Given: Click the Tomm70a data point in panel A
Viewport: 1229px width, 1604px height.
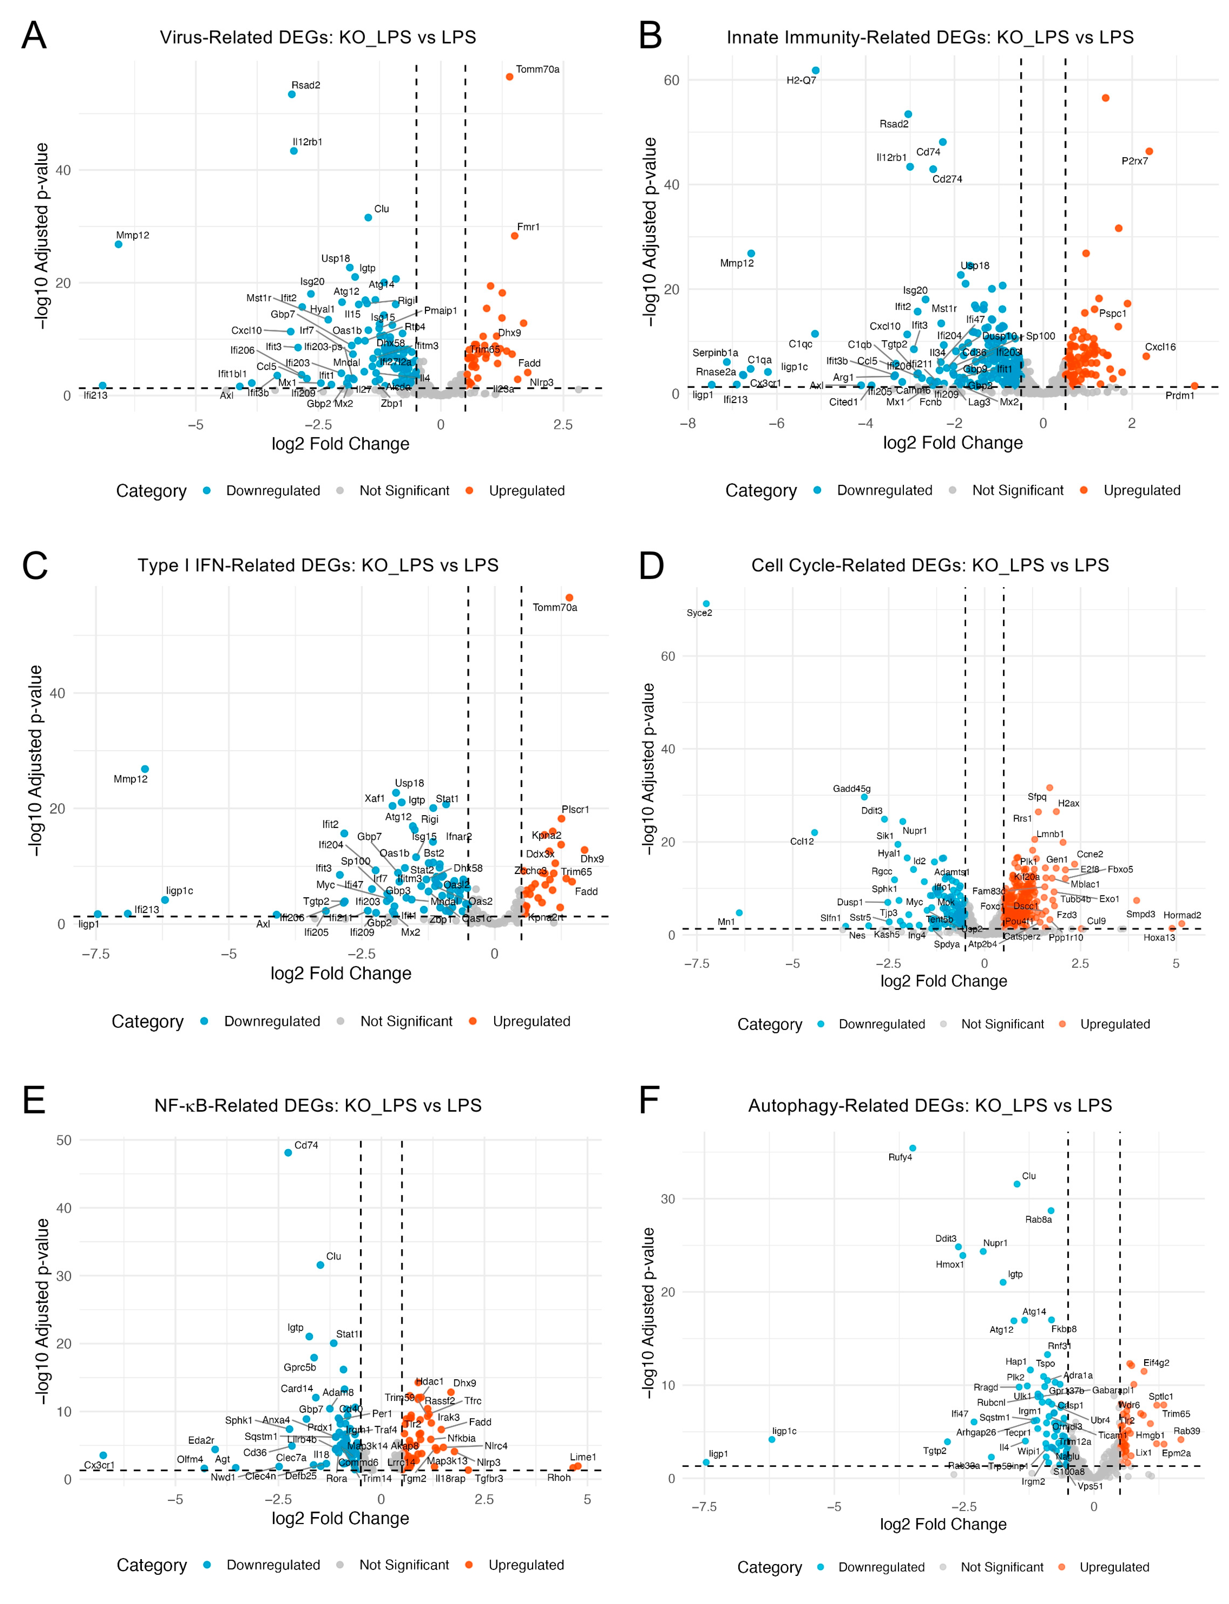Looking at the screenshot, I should tap(510, 77).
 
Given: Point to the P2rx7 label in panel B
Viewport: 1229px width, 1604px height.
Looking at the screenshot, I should tap(1135, 161).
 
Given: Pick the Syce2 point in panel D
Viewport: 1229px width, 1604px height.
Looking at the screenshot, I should tap(706, 604).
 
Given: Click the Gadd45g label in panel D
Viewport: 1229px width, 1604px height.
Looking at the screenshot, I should tap(852, 788).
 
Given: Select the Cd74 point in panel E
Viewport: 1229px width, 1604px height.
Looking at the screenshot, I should tap(288, 1153).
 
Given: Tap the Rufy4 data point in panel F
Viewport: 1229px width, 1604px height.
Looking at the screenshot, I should tap(912, 1148).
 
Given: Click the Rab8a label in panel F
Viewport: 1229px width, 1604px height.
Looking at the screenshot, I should tap(1038, 1219).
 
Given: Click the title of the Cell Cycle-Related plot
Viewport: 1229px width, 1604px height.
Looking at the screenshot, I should tap(930, 566).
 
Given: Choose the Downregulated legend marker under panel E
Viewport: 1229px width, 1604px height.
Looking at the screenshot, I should tap(207, 1564).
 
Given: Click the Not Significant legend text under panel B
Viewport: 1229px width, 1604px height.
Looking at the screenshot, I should tap(1018, 491).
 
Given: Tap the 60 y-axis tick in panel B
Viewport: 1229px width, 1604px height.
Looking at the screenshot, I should tap(672, 80).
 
